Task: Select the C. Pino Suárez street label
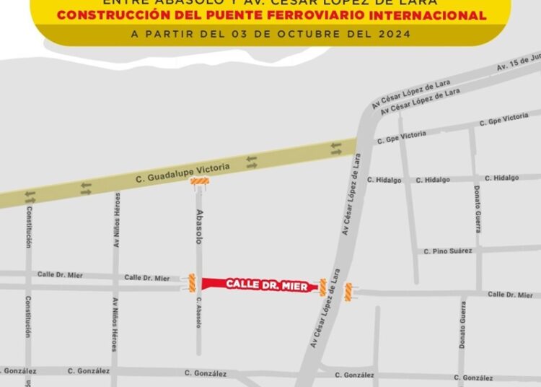click(x=448, y=251)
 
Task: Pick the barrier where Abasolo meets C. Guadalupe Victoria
click(x=200, y=184)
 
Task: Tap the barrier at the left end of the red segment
click(x=192, y=282)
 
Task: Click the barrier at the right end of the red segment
click(x=322, y=288)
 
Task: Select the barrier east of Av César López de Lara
click(x=348, y=292)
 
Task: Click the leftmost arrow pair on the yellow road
click(x=30, y=195)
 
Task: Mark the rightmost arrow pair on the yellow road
click(x=336, y=147)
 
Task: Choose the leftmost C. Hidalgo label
click(x=379, y=180)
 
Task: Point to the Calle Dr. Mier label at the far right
click(x=509, y=295)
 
